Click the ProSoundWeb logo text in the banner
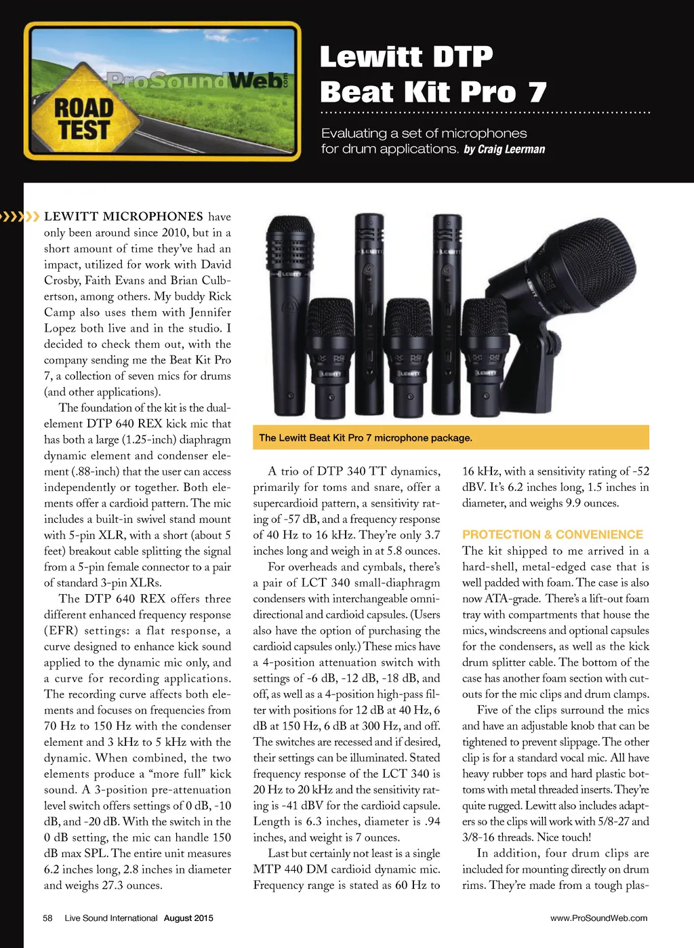197,81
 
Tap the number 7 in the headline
537,92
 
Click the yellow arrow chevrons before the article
20,217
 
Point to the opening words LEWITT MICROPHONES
123,217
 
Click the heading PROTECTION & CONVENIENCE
552,534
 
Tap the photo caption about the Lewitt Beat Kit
365,438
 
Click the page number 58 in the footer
47,918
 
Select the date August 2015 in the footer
188,918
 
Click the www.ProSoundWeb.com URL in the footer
598,918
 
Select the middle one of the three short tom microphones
408,359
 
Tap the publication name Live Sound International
111,918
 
